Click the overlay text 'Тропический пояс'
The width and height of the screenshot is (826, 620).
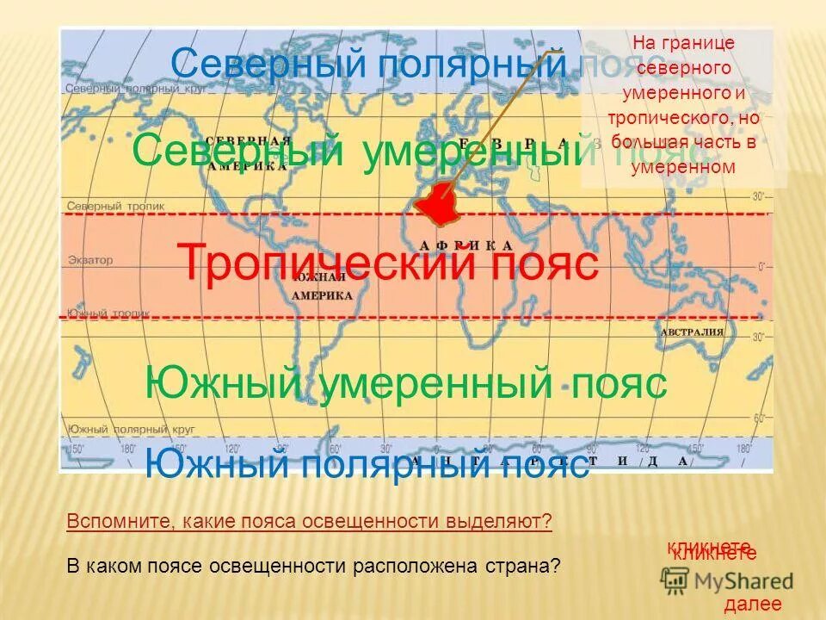tap(387, 263)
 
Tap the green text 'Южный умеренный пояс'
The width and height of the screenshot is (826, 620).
tap(405, 383)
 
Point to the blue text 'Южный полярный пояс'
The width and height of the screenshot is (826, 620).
tap(367, 465)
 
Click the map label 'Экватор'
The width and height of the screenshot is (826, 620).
tap(89, 260)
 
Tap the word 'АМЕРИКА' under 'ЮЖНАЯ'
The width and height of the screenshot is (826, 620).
tap(323, 294)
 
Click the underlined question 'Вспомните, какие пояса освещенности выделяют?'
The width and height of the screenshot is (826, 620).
tap(309, 522)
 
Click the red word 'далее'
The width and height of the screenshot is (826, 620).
tap(753, 604)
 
